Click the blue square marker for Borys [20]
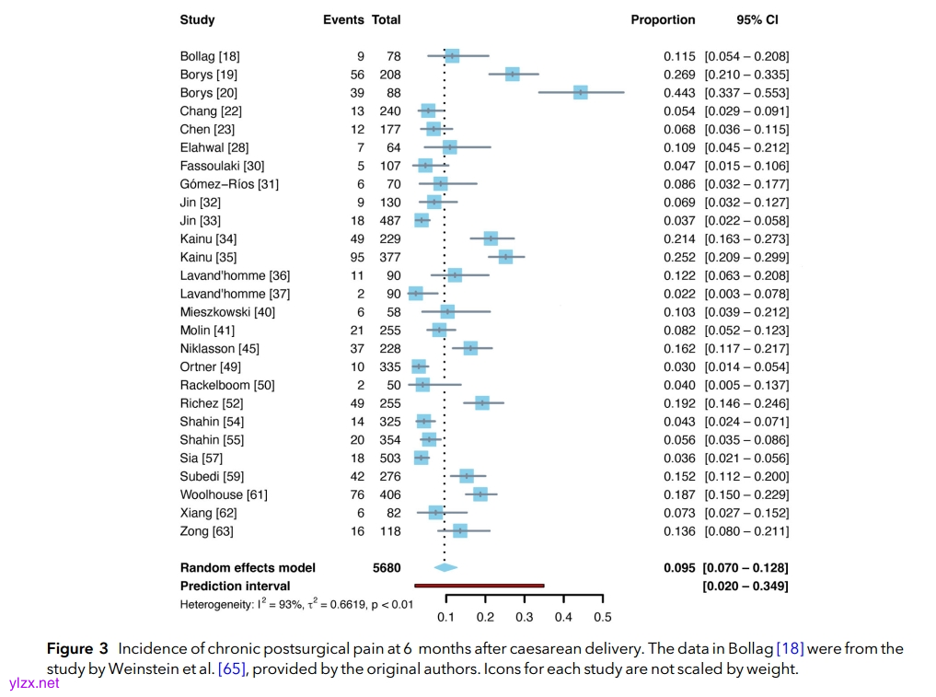580,92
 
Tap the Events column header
343,19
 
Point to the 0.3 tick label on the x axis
525,617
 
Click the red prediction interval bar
479,585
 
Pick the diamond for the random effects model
445,567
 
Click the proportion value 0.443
679,93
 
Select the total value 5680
387,568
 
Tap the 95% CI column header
757,19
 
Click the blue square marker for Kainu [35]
505,257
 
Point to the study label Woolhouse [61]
224,494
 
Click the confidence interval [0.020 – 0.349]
745,586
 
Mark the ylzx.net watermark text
33,683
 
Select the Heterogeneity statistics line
296,604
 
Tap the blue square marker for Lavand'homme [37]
416,293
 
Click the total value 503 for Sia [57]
389,458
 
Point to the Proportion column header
663,19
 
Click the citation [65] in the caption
231,669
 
